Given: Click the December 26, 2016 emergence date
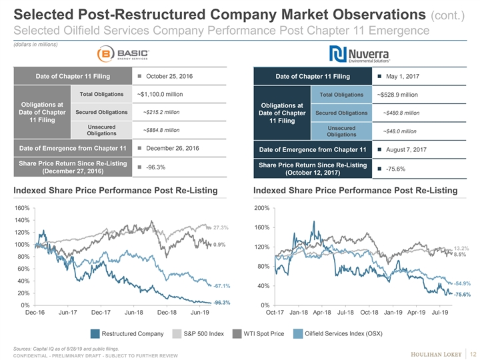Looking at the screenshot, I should pos(171,147).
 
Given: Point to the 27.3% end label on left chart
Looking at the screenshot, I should pos(221,227).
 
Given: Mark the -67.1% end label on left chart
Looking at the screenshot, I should pos(222,286).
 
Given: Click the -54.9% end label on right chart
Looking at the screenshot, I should pos(462,283).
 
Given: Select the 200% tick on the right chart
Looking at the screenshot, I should pos(261,208).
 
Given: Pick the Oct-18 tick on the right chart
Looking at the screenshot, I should pos(370,311).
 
